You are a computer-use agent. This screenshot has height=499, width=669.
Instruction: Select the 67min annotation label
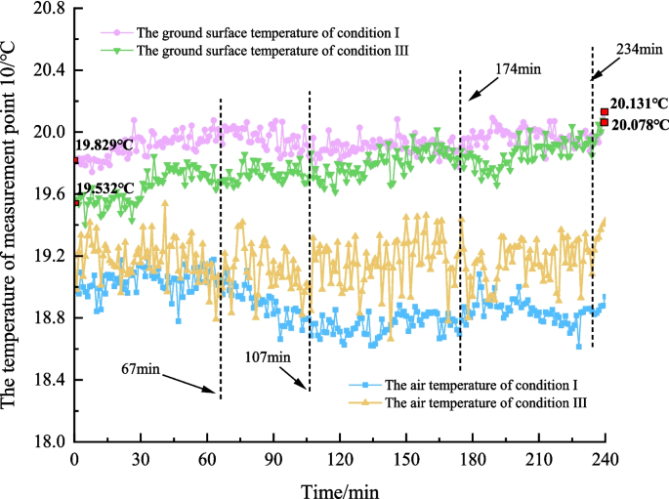coord(143,369)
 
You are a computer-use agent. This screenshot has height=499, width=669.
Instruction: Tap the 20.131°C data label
coord(640,103)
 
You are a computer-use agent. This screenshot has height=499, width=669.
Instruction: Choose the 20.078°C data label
coord(640,124)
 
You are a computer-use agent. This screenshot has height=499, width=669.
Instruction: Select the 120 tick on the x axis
coord(340,459)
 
